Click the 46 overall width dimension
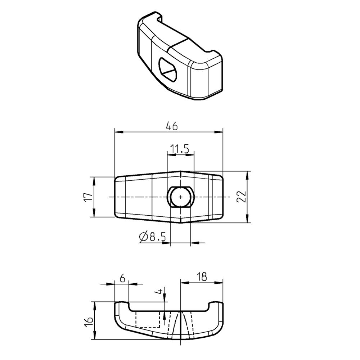[x=172, y=126]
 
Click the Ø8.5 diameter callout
[x=152, y=237]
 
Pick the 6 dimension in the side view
[x=122, y=278]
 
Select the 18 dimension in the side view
[x=202, y=277]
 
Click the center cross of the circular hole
[x=180, y=197]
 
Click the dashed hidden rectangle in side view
[x=147, y=320]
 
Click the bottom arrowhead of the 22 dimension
[x=247, y=219]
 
